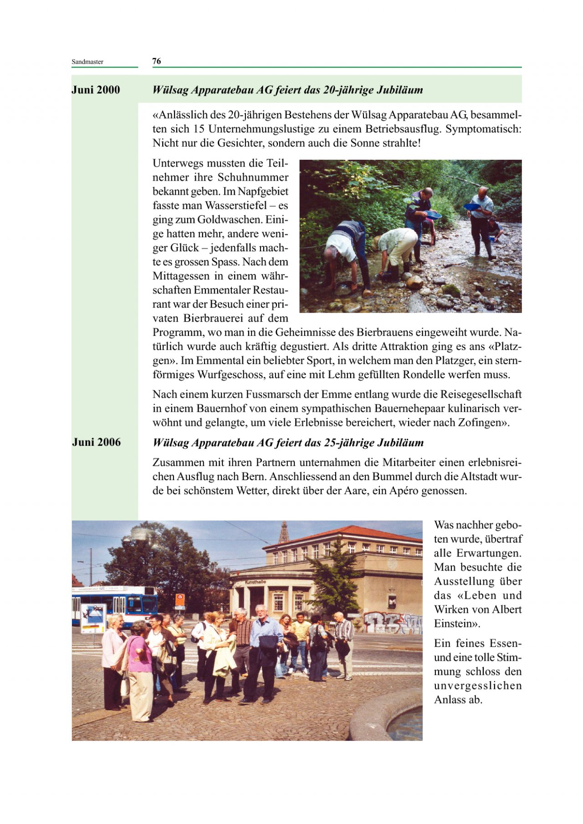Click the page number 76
(x=156, y=61)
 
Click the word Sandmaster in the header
(x=87, y=62)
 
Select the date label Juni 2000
(x=96, y=90)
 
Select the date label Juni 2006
(x=96, y=442)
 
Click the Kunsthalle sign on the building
(x=255, y=582)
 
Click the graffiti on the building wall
(x=392, y=622)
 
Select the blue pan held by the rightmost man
(x=472, y=207)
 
